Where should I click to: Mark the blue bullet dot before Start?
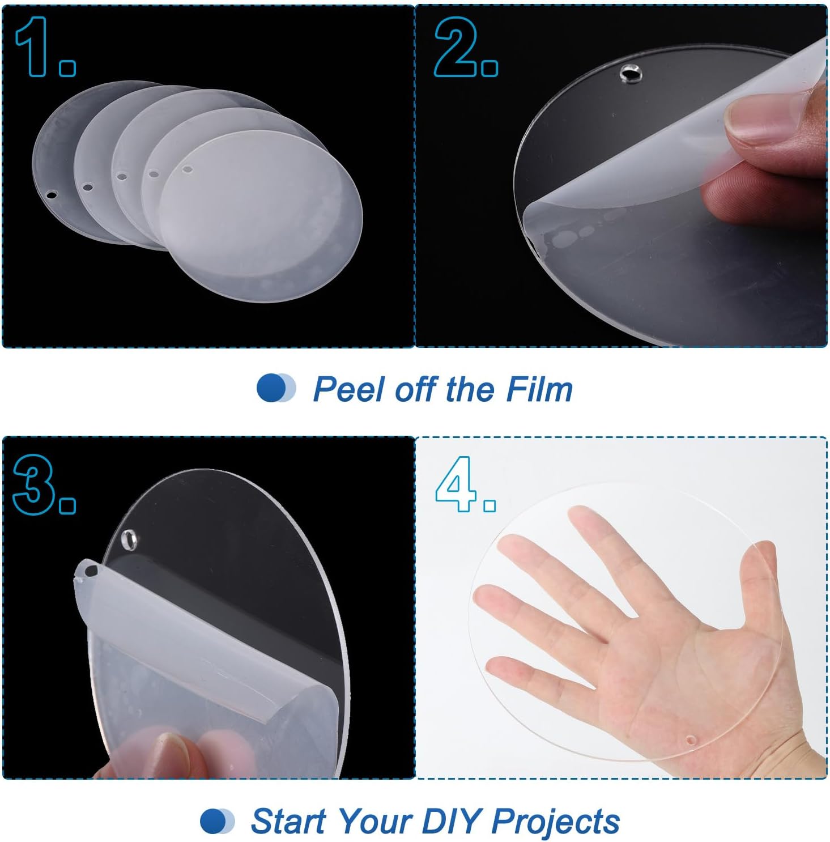[x=214, y=821]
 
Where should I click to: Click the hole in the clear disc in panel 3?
[x=130, y=540]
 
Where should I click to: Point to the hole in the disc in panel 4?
[x=691, y=739]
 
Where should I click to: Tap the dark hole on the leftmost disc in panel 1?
[x=52, y=195]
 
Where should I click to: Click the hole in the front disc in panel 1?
[x=186, y=169]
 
